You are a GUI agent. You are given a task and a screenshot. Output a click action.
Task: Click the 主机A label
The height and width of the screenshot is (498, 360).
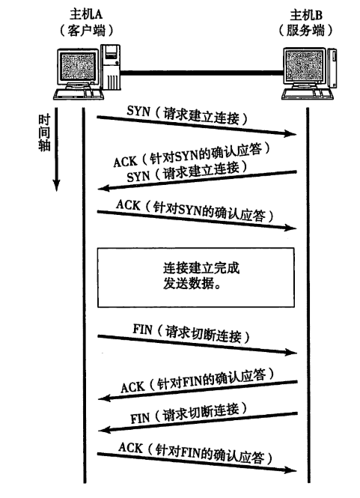click(86, 14)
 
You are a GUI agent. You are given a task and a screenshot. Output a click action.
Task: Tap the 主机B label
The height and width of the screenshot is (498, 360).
click(306, 15)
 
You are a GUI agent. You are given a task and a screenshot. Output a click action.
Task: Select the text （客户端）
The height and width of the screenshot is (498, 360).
click(86, 31)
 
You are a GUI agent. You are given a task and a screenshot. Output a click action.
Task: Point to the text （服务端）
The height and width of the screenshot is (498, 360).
click(305, 31)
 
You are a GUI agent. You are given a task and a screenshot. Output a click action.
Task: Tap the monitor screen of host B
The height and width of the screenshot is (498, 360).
click(304, 66)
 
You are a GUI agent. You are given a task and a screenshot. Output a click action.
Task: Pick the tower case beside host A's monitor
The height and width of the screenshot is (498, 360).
click(111, 67)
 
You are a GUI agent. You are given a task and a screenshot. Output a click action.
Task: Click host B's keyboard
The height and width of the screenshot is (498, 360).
click(308, 94)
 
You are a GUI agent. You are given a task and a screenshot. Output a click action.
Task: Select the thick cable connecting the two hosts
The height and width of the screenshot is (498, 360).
click(201, 73)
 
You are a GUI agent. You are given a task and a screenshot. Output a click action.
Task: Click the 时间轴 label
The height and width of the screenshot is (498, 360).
click(44, 133)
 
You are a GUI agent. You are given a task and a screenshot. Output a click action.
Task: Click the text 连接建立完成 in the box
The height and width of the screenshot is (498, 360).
click(201, 268)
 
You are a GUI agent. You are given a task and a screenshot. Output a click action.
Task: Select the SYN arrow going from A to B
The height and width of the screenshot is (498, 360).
click(197, 126)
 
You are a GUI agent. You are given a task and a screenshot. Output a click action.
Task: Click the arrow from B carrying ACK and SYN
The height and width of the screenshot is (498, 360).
click(197, 180)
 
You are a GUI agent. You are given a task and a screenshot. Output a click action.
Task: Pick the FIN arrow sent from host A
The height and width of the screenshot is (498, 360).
click(197, 344)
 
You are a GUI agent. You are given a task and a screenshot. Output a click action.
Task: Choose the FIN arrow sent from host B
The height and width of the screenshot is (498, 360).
click(198, 422)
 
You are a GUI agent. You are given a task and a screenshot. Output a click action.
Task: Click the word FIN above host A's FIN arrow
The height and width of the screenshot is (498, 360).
click(142, 329)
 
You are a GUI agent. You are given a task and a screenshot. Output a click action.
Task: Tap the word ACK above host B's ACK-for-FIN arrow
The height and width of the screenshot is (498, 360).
click(132, 387)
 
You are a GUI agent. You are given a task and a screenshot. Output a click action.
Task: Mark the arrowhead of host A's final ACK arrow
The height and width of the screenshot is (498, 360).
click(290, 470)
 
